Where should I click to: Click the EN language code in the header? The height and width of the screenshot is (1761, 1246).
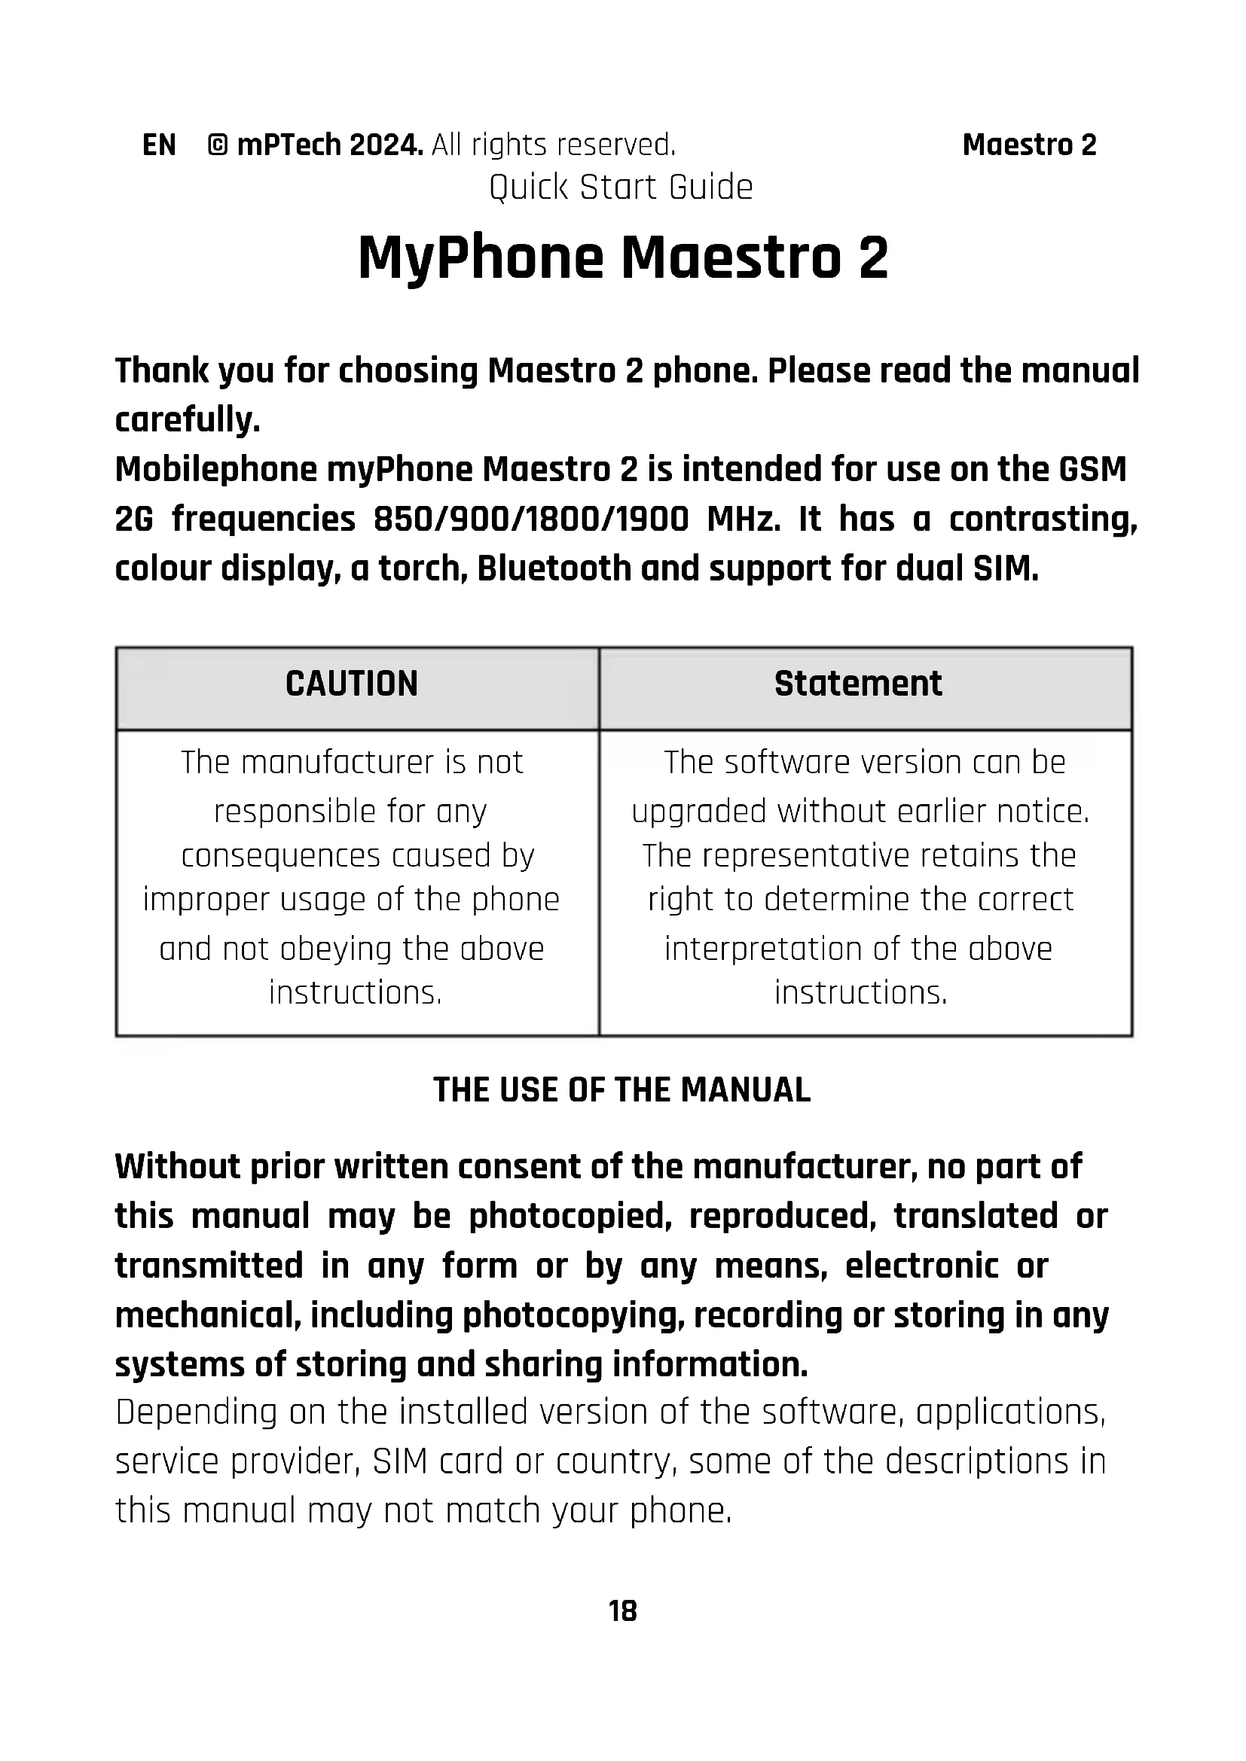(x=159, y=145)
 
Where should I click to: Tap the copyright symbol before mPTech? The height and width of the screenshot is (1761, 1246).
(x=217, y=145)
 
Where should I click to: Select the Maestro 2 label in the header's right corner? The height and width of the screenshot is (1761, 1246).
(x=1029, y=145)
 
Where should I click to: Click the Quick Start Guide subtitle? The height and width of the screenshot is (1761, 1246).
(x=621, y=187)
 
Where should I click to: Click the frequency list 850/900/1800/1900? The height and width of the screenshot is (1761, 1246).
(x=531, y=519)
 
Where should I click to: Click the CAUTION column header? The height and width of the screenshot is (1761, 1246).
(x=352, y=684)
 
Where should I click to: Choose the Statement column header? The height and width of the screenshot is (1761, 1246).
(x=858, y=684)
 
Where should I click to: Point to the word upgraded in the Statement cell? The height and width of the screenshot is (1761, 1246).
(x=698, y=812)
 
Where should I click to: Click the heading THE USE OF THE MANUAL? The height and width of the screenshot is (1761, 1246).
(x=621, y=1090)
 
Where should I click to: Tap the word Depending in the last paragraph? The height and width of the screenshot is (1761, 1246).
(x=196, y=1412)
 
